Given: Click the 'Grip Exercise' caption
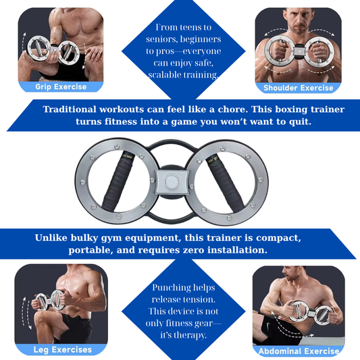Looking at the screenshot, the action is tap(61, 86).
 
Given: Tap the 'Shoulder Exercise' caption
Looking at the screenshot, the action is tap(299, 88).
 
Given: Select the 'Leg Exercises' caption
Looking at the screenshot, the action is tap(62, 350).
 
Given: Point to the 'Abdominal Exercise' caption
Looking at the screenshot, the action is tap(299, 351).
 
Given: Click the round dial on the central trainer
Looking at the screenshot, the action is tap(172, 182).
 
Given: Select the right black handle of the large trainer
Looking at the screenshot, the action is tap(226, 182).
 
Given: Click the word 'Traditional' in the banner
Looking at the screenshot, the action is tap(70, 109).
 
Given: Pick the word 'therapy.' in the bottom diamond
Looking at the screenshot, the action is tap(184, 336).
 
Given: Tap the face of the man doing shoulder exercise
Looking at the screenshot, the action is tap(299, 22).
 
